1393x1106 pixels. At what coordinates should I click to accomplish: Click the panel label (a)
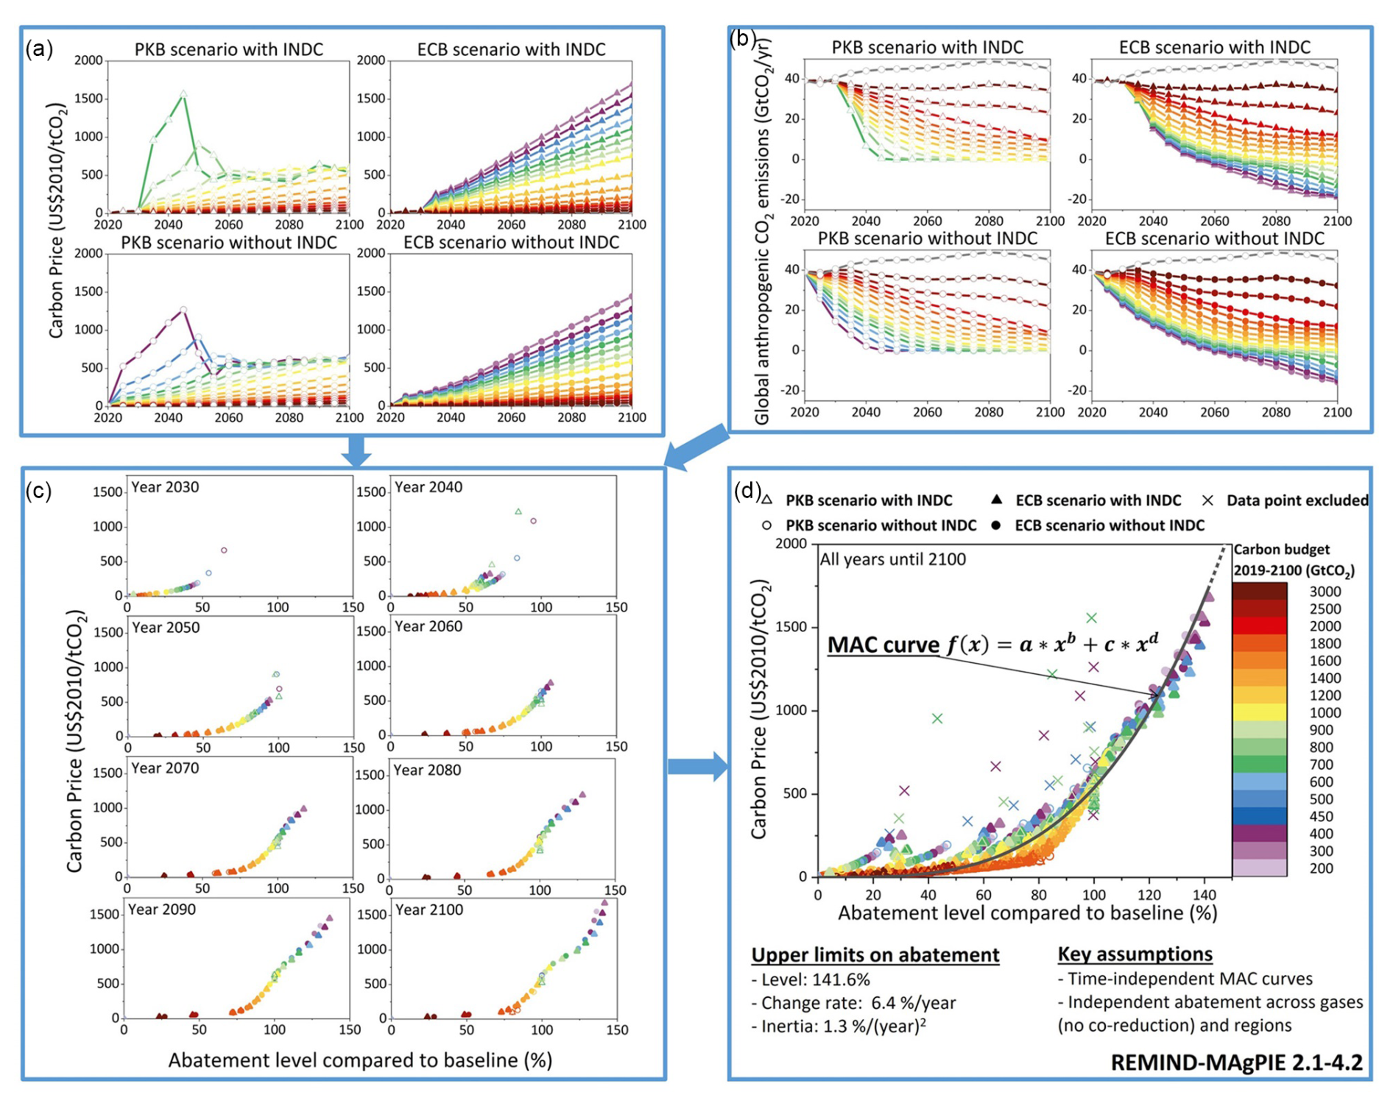(x=39, y=49)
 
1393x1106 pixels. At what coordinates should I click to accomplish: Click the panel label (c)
(x=38, y=491)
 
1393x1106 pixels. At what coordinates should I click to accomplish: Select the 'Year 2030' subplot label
(x=165, y=487)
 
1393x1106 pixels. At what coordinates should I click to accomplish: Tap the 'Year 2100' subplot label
(x=429, y=910)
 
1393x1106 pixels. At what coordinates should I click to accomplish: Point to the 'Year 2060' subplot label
(x=429, y=626)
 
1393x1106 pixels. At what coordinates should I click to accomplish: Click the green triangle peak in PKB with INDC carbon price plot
(x=183, y=94)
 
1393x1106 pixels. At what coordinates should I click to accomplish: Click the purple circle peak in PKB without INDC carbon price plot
(x=183, y=310)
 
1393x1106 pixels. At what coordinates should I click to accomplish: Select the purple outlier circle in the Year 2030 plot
(x=225, y=550)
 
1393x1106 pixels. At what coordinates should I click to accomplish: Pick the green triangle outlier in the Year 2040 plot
(x=518, y=511)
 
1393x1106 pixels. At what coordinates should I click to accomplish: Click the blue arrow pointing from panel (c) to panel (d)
(x=696, y=767)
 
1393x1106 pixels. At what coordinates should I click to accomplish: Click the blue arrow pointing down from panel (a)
(x=356, y=450)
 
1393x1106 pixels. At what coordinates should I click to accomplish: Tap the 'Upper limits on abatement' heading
(x=875, y=955)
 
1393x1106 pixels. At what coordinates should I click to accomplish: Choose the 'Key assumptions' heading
(x=1135, y=954)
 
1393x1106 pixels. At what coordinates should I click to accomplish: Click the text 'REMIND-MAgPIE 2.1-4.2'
(x=1236, y=1063)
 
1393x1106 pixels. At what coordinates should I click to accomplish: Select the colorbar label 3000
(x=1325, y=592)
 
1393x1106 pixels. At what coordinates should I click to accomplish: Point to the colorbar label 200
(x=1321, y=868)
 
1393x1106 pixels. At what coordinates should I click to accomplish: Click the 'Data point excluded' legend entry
(x=1297, y=500)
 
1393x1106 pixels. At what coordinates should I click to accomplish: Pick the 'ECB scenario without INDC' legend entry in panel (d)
(x=1109, y=525)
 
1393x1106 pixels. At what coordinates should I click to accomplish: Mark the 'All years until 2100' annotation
(x=892, y=559)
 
